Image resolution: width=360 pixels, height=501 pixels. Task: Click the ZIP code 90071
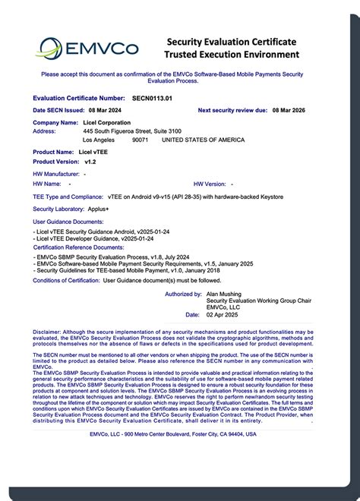[141, 140]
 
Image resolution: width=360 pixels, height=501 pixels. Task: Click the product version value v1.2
[90, 162]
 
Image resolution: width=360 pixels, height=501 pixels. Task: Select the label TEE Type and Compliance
[68, 197]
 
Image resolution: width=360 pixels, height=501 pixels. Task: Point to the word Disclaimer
[46, 332]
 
